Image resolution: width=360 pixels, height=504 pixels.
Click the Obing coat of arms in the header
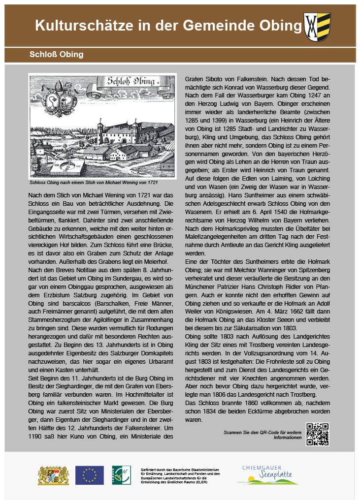click(x=318, y=27)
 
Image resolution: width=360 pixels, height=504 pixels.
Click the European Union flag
click(x=89, y=475)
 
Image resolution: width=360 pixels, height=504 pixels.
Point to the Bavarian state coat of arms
click(x=54, y=475)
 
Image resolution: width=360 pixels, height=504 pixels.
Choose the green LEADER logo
click(x=121, y=475)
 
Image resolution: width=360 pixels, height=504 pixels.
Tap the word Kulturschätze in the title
click(x=79, y=26)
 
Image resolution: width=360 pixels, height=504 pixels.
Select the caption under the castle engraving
click(x=93, y=182)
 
